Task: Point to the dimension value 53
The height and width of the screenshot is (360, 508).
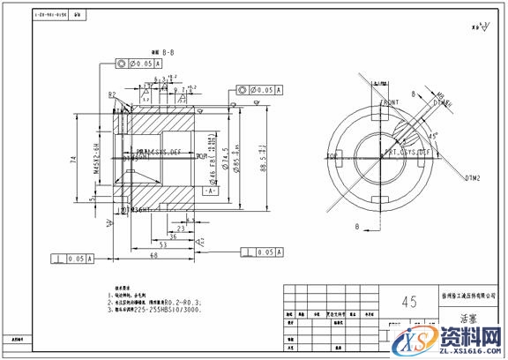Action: tap(138, 244)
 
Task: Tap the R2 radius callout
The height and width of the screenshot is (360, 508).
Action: tap(113, 94)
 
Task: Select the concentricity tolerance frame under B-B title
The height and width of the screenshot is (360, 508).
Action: tap(141, 64)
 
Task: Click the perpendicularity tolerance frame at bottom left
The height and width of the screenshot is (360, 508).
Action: tap(73, 259)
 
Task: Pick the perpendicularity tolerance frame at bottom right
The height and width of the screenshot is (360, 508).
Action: tap(262, 252)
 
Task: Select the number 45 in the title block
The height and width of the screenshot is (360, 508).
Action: tap(408, 302)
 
